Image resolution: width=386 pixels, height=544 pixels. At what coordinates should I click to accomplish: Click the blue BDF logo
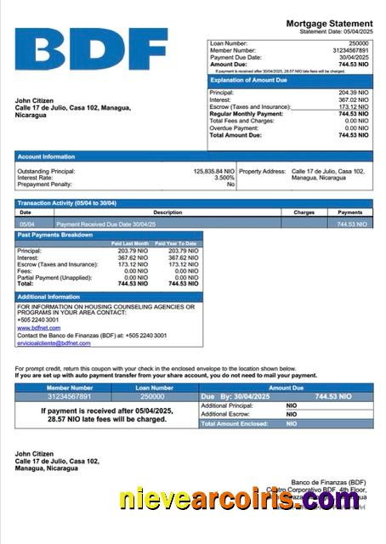click(x=91, y=48)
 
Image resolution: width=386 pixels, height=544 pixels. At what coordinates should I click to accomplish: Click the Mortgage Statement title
click(x=329, y=24)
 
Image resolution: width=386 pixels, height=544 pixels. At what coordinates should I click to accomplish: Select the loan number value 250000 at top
click(x=359, y=42)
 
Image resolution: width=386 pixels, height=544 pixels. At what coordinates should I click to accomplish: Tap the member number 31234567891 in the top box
click(x=351, y=49)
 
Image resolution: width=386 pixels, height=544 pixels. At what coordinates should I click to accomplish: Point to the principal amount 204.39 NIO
click(x=353, y=92)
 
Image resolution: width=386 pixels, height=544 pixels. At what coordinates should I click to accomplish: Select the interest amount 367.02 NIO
click(x=353, y=99)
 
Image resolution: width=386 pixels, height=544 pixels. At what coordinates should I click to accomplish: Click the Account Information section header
click(x=47, y=156)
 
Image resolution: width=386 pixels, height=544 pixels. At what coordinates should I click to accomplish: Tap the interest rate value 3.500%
click(x=224, y=178)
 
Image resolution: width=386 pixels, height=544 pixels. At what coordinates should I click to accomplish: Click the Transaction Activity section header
click(x=67, y=203)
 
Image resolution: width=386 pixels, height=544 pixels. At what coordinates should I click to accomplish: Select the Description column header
click(x=167, y=212)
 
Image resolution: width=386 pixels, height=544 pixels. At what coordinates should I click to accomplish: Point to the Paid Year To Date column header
click(x=181, y=244)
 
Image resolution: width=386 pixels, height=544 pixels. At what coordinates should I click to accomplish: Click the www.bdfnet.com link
click(x=38, y=327)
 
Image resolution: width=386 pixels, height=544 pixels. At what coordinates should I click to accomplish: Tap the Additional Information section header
click(x=49, y=297)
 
